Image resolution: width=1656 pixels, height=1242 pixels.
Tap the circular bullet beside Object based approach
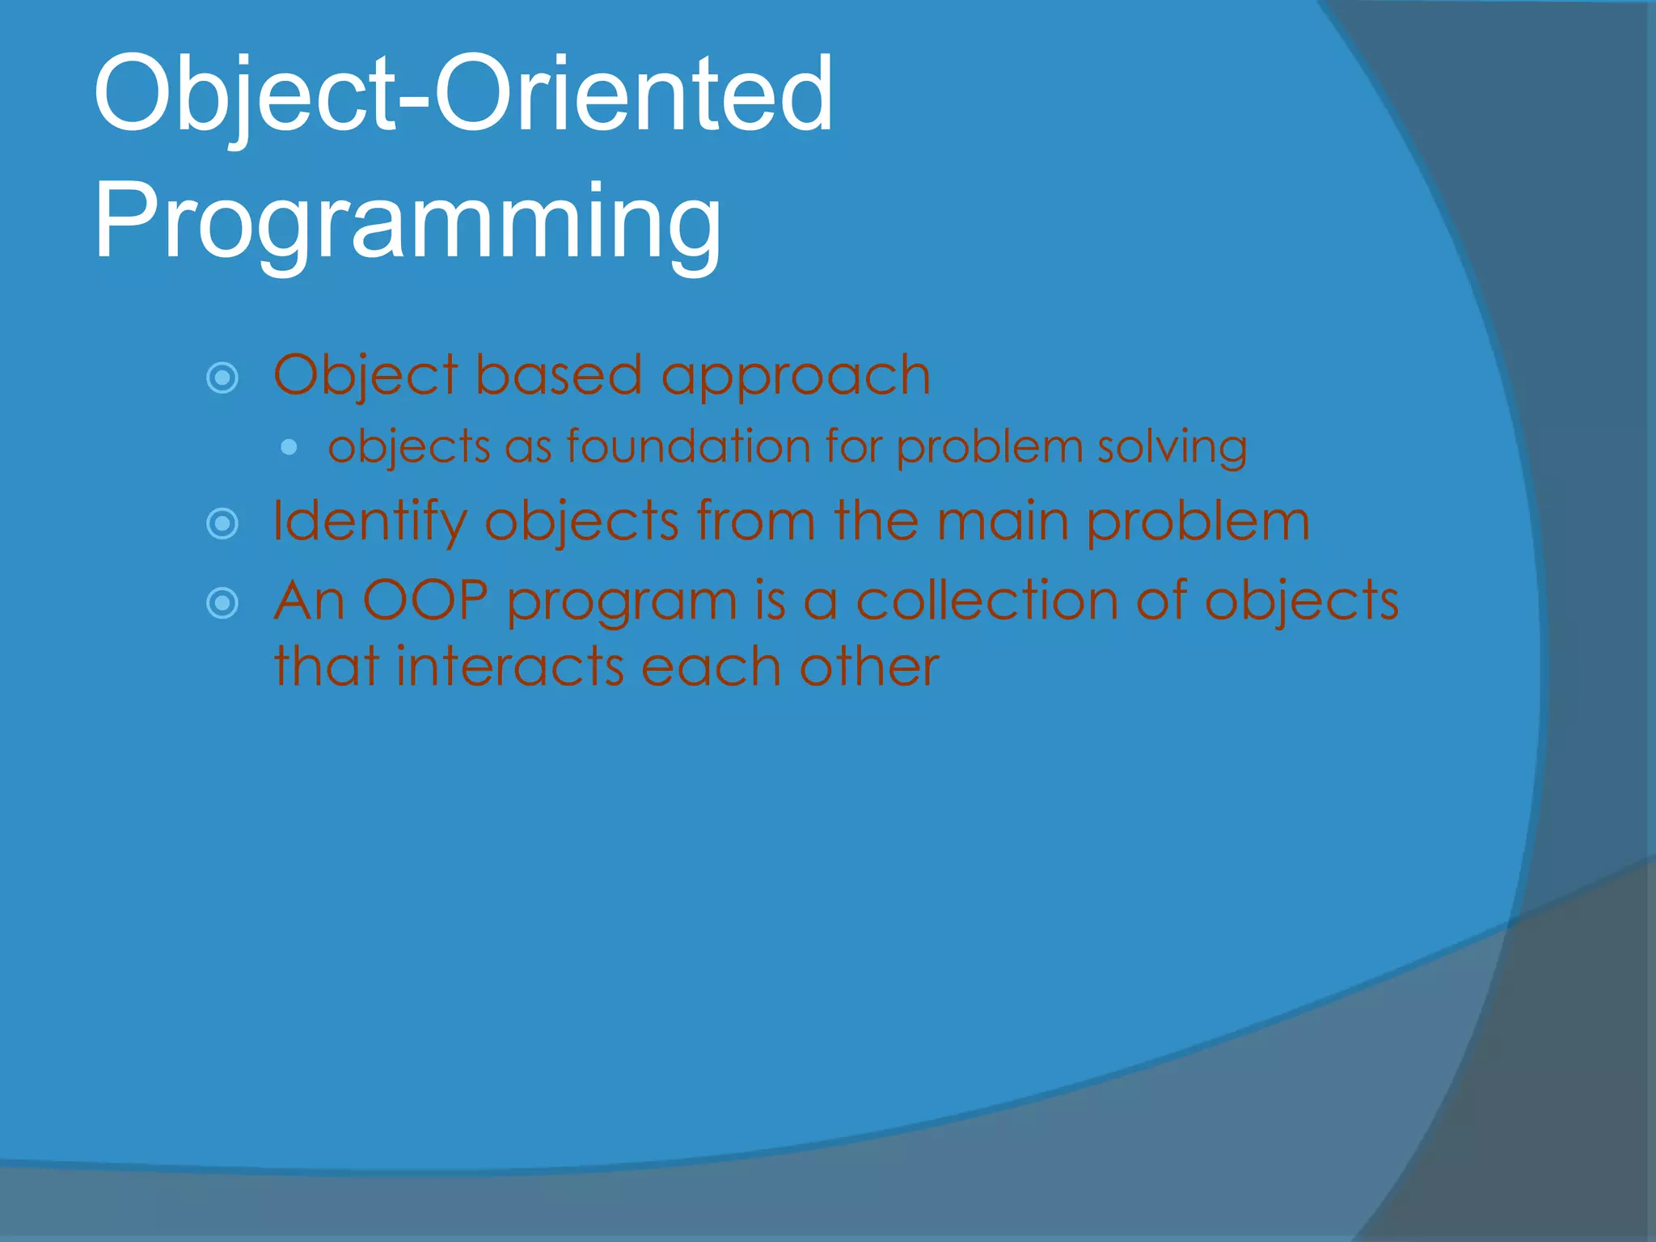coord(222,378)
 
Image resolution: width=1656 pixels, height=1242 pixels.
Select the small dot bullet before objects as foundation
coord(289,447)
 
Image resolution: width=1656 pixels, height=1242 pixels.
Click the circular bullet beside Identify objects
coord(222,524)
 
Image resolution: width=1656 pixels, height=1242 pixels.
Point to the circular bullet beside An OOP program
coord(222,603)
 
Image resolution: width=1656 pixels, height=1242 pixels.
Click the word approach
coord(796,377)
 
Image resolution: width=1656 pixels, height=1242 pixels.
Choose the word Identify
coord(370,522)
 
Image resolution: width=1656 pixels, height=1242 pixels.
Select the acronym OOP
coord(425,601)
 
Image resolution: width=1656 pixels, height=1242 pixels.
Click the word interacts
coord(510,667)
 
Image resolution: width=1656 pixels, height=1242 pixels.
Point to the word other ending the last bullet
coord(869,667)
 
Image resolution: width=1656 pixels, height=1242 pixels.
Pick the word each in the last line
coord(711,667)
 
